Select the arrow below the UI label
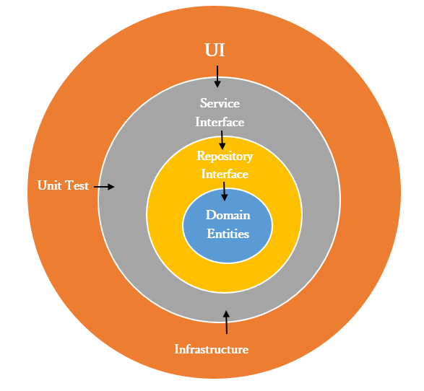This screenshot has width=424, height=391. tap(217, 76)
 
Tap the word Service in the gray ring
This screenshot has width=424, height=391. tap(220, 104)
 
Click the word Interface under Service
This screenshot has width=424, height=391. tap(220, 122)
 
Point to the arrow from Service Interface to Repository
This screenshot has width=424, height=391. tap(222, 140)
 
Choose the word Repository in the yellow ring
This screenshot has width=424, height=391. tap(225, 156)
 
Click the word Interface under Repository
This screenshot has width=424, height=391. tap(224, 174)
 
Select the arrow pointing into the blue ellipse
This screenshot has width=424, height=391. tap(224, 191)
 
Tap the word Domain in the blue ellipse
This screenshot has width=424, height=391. tap(228, 215)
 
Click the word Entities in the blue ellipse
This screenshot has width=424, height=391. tap(228, 234)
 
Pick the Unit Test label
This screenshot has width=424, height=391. tap(63, 186)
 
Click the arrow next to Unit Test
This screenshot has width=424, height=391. tap(105, 187)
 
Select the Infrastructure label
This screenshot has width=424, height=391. tap(212, 349)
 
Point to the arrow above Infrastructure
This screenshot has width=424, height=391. tap(226, 322)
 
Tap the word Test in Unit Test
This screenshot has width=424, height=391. tap(77, 186)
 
